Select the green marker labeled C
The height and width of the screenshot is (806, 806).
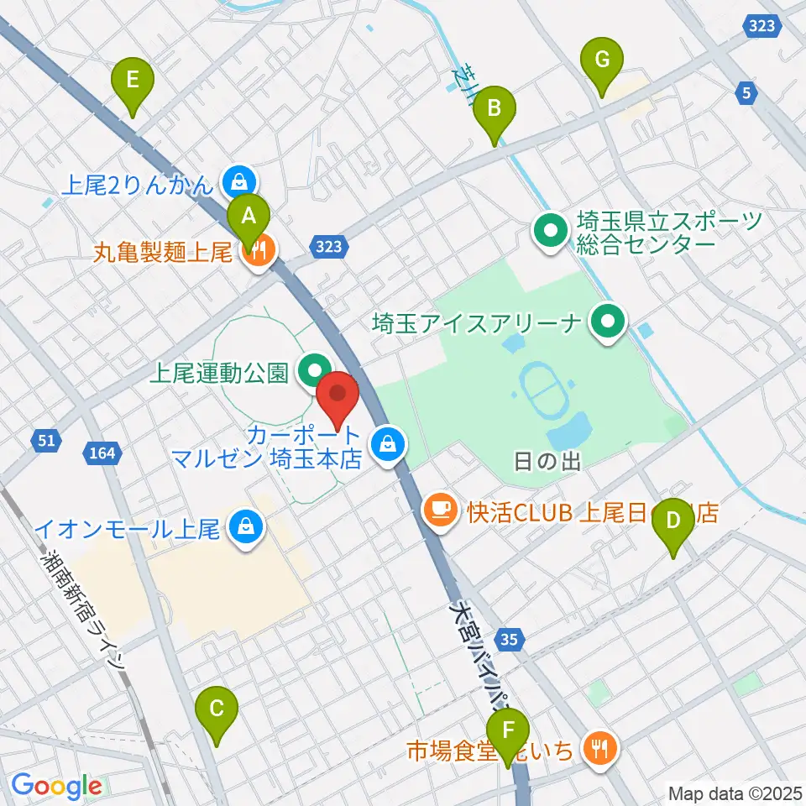click(x=216, y=710)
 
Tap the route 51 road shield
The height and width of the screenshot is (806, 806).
click(x=48, y=439)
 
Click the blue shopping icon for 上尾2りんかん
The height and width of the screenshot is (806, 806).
click(x=239, y=180)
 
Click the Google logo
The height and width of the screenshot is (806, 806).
click(x=56, y=786)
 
